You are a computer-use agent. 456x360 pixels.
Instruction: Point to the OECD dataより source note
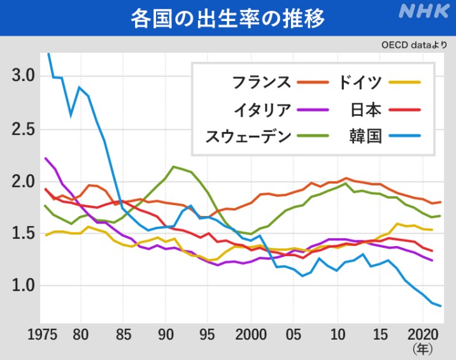pos(414,46)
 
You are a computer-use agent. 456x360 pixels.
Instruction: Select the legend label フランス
pos(262,82)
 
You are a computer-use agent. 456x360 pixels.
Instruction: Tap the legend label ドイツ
pos(360,82)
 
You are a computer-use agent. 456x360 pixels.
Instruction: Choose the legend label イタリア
pos(262,109)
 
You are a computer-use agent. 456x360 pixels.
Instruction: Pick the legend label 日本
pos(366,109)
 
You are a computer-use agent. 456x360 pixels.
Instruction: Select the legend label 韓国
pos(366,136)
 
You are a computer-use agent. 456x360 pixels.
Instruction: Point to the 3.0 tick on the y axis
pos(24,76)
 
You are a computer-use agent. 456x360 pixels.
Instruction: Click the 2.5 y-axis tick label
pos(24,129)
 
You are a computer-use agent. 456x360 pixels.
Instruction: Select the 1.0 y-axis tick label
pos(24,285)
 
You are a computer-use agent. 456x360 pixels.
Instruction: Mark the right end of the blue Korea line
pos(441,306)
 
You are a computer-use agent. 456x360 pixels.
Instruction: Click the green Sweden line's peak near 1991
pos(173,167)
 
